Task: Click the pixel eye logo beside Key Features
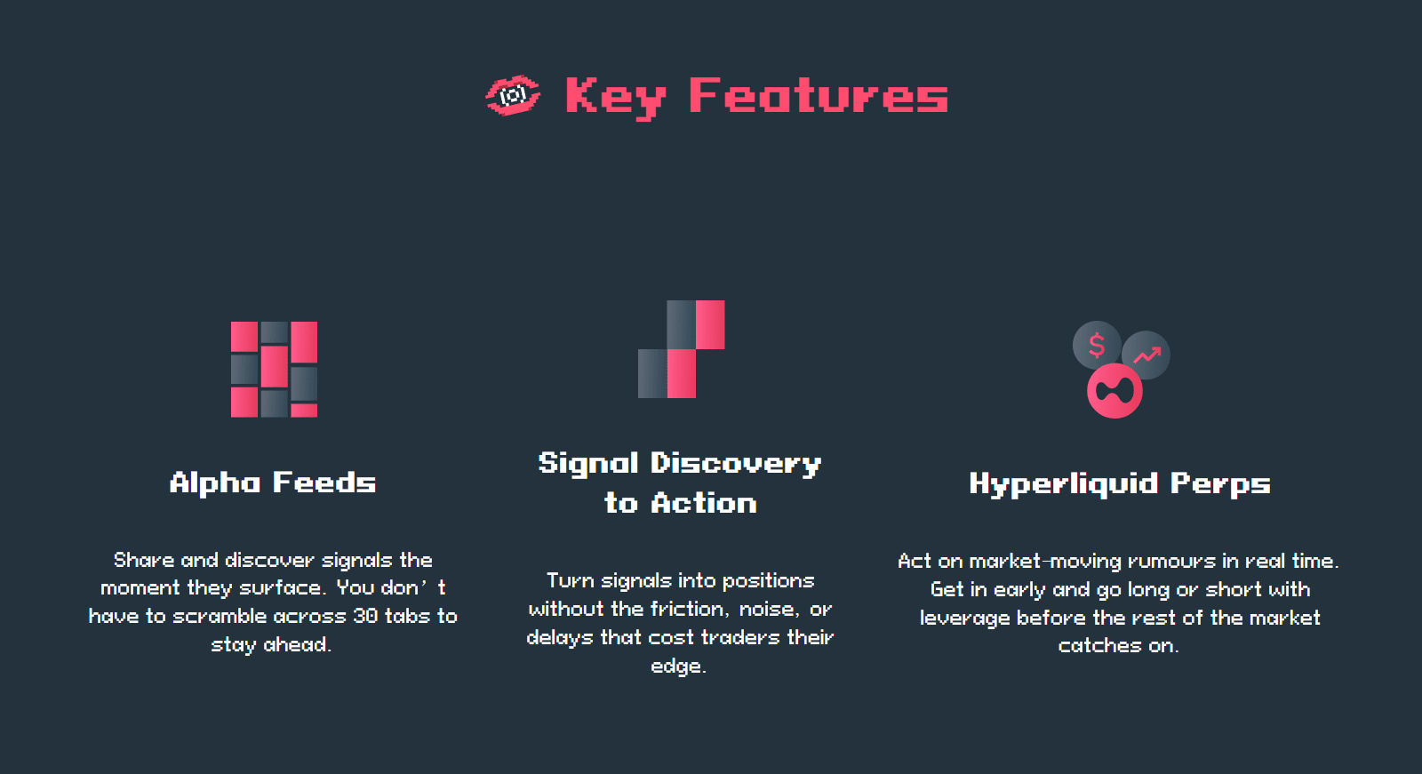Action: (x=513, y=96)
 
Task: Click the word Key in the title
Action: (x=615, y=98)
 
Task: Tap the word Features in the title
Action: (x=819, y=96)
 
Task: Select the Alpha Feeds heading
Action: (x=273, y=483)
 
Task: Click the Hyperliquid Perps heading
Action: (x=1120, y=484)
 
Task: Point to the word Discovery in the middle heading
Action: (x=736, y=464)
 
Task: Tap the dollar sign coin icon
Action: (x=1097, y=346)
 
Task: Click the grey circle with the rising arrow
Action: (x=1146, y=355)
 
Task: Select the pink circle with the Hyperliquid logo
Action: (x=1114, y=391)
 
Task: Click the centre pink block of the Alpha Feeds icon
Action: (x=275, y=366)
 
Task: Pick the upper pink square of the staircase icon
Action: (x=710, y=324)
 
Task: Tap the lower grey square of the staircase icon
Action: (x=652, y=373)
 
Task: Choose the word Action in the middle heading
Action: (x=704, y=504)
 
